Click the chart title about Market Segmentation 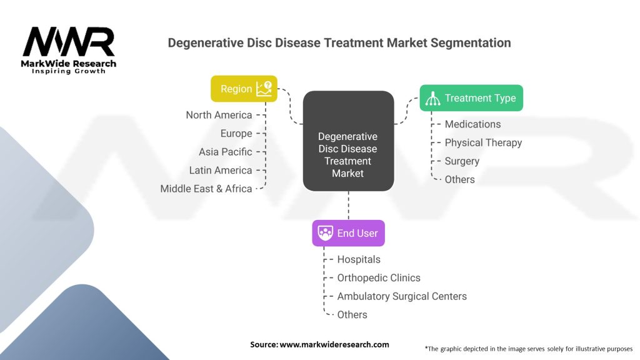click(x=339, y=43)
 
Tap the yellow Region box click(x=244, y=89)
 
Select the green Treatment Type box click(x=471, y=98)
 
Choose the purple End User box click(x=349, y=233)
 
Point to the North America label click(x=219, y=115)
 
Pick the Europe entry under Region click(x=236, y=133)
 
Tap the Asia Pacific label click(x=226, y=152)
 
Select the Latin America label click(x=221, y=170)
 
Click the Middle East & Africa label click(x=206, y=188)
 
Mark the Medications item click(x=472, y=124)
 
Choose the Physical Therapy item click(x=483, y=142)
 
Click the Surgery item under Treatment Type click(x=462, y=161)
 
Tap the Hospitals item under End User click(x=359, y=259)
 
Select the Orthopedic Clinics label click(x=379, y=277)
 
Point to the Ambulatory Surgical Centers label click(x=402, y=296)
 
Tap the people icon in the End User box click(x=326, y=233)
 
